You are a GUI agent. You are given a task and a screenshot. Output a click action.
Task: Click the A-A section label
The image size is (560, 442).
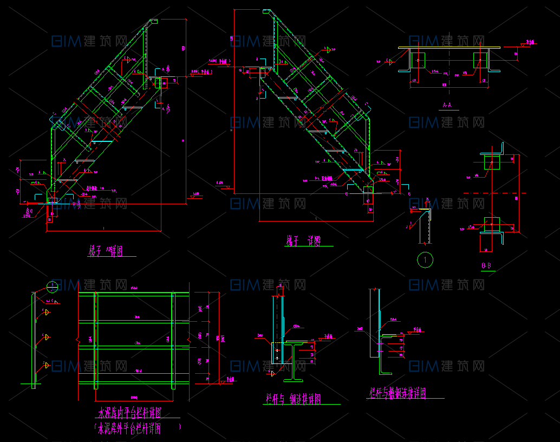448,105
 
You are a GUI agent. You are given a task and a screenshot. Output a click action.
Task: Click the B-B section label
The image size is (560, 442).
486,265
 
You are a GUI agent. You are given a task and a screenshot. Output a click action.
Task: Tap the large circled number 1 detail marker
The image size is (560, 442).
425,259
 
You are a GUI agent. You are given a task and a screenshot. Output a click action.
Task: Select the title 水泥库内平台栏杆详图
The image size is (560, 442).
131,413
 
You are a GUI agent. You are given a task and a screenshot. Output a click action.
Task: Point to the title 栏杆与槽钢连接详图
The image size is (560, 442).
398,393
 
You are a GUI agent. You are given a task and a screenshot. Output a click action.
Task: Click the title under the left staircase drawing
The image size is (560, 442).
106,251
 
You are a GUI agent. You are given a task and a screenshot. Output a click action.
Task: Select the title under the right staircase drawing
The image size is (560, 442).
303,241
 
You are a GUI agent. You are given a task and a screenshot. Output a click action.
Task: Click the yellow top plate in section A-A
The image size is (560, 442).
450,48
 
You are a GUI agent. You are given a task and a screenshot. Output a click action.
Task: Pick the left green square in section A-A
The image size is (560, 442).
417,60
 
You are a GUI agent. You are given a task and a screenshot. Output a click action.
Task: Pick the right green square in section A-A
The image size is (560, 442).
480,60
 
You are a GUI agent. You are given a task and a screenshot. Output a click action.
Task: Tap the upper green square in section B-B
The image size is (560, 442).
491,161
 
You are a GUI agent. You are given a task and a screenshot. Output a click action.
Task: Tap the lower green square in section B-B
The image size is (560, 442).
491,224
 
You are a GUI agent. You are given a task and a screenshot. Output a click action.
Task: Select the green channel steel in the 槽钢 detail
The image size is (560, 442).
387,355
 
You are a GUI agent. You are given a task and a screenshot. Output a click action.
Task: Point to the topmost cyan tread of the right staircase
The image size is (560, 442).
287,98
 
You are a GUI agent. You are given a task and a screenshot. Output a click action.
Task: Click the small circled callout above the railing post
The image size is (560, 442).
53,285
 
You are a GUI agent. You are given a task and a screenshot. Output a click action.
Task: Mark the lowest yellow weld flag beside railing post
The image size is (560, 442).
47,365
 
